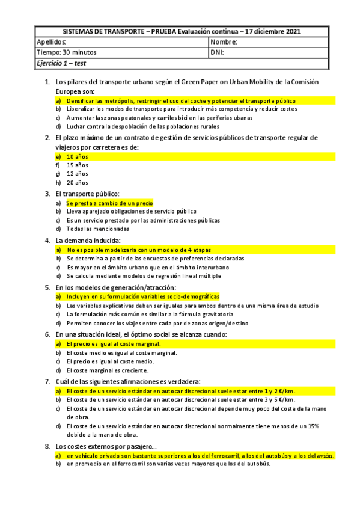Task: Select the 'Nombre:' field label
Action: coord(224,43)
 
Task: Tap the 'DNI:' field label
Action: coord(217,52)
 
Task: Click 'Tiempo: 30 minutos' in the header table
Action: coord(66,52)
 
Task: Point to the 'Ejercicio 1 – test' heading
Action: coord(62,63)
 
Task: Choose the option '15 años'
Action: coord(77,165)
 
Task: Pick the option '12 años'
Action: coord(77,173)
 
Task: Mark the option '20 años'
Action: coord(77,182)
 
